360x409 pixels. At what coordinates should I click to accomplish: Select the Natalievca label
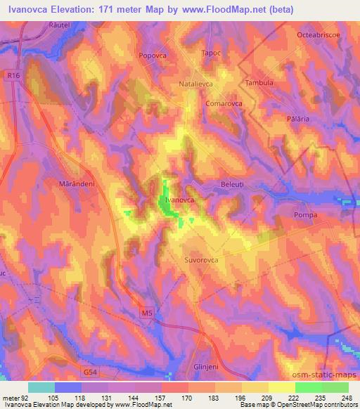pos(192,82)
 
